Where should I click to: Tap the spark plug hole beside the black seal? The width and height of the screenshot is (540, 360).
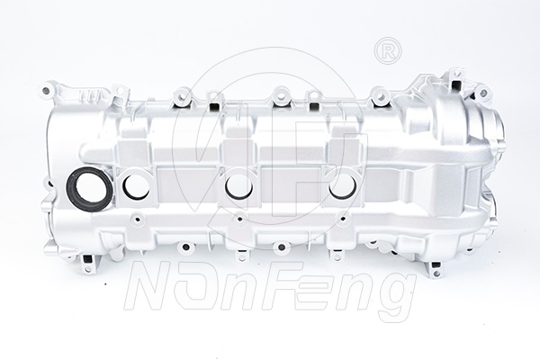pyautogui.click(x=137, y=188)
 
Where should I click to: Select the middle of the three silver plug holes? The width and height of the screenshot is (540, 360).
pyautogui.click(x=239, y=188)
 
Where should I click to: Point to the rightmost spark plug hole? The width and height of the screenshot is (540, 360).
pyautogui.click(x=343, y=188)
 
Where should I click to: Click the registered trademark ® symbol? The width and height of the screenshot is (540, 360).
pyautogui.click(x=388, y=51)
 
